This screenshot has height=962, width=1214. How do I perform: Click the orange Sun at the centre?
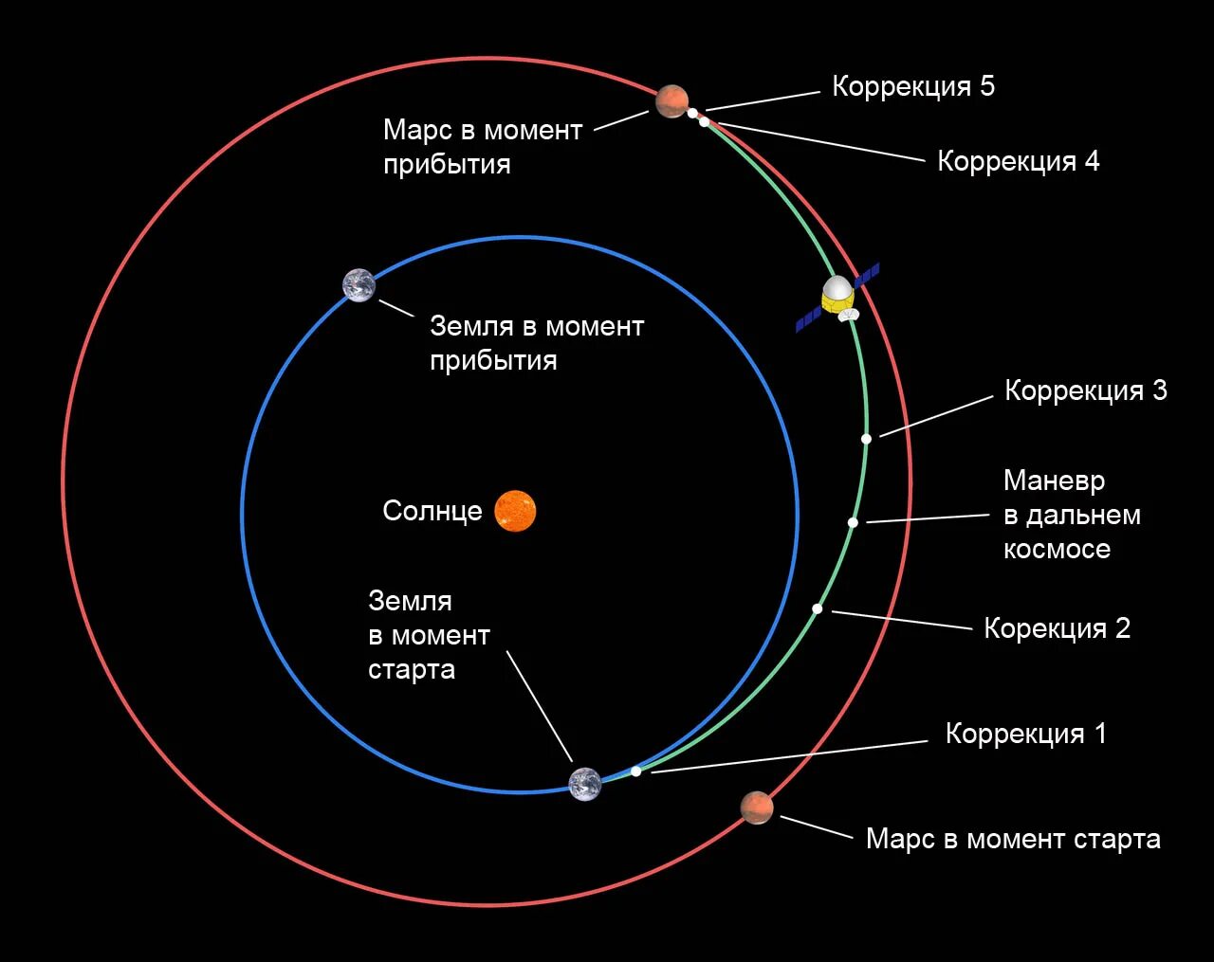(515, 511)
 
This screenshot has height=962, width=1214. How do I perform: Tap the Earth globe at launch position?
(585, 784)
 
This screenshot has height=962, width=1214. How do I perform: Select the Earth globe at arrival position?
(359, 285)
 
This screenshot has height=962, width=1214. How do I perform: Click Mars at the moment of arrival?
(671, 100)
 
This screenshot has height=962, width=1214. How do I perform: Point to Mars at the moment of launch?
(757, 808)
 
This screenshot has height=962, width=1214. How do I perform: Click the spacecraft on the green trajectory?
(837, 296)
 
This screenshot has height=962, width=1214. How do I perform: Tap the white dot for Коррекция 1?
(635, 771)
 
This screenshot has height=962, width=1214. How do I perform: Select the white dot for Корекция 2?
(817, 608)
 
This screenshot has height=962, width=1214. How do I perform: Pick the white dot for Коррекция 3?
(866, 439)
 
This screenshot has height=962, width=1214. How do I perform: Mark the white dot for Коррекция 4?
(704, 121)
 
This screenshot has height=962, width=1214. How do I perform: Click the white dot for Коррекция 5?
(693, 112)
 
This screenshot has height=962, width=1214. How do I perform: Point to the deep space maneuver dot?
(853, 522)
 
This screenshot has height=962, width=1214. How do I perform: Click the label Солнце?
(432, 511)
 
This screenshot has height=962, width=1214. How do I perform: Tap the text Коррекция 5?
(913, 86)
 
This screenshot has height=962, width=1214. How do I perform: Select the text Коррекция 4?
(1018, 161)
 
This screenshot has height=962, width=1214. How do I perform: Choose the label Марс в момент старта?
(1013, 839)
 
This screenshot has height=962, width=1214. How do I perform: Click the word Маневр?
(1054, 481)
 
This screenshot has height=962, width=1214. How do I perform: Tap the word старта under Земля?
(412, 669)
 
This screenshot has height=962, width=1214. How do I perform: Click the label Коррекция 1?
(1025, 734)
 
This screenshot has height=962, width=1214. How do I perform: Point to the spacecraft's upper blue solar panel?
(867, 275)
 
